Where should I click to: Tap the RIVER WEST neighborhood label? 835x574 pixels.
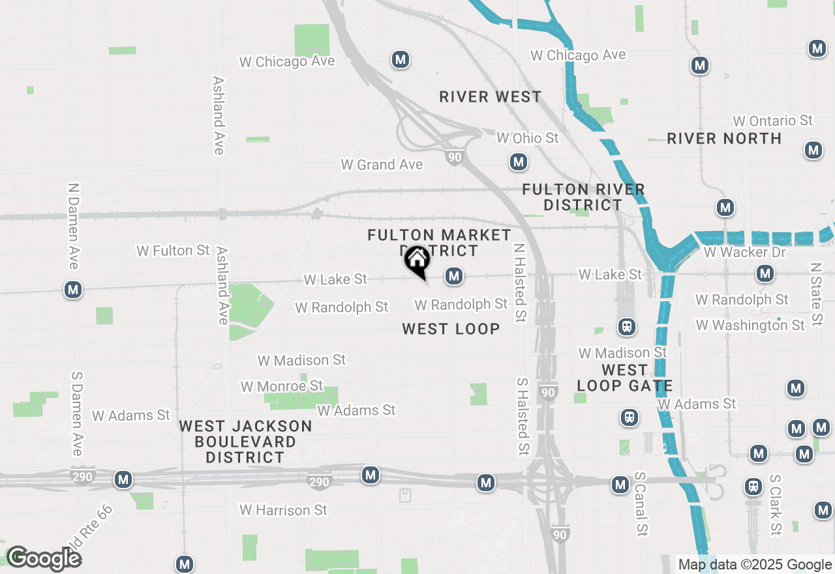[491, 97]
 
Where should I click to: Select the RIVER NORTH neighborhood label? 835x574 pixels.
[724, 138]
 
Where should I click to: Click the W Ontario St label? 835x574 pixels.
[773, 121]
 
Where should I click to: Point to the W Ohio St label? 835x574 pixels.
[528, 138]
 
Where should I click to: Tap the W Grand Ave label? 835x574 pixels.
[382, 164]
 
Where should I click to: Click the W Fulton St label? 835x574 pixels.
[173, 250]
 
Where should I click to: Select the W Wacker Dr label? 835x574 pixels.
[744, 252]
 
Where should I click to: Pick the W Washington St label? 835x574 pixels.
[750, 325]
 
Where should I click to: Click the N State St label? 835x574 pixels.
[815, 294]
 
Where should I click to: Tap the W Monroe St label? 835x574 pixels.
[282, 386]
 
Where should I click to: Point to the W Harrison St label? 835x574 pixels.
[283, 509]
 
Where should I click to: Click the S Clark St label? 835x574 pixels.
[775, 505]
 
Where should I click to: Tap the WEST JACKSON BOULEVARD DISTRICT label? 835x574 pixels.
[245, 442]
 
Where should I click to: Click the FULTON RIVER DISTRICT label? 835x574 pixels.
[584, 197]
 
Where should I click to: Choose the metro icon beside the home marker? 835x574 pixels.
[454, 277]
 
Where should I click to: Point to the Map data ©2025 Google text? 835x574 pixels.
[755, 565]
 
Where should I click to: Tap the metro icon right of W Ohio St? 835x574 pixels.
[519, 162]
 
